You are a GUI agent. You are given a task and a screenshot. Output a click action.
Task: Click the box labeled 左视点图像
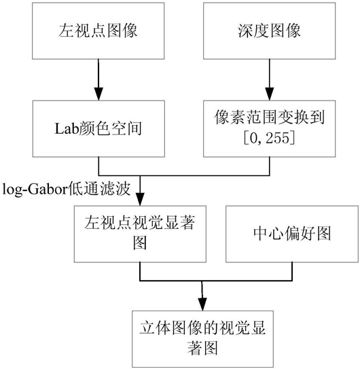[98, 31]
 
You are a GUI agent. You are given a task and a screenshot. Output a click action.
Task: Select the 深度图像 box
[270, 31]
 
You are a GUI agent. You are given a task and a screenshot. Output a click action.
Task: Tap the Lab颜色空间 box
[98, 128]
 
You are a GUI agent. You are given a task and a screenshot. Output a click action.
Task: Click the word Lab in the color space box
[67, 129]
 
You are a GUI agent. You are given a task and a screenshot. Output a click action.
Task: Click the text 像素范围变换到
[270, 118]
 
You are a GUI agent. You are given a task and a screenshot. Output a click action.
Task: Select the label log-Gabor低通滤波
[67, 189]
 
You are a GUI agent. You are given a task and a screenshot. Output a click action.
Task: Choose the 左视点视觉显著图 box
[140, 234]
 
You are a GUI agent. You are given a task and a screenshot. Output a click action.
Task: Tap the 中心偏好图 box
[292, 234]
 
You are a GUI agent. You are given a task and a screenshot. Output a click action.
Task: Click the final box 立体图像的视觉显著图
[202, 339]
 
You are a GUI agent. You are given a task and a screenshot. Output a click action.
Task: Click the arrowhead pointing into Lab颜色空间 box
[98, 94]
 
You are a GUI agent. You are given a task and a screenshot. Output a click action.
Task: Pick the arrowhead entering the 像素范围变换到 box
[270, 94]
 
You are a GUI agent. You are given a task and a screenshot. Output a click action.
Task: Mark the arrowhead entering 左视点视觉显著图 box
[140, 199]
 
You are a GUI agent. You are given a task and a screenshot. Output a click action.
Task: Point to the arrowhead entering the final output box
[202, 304]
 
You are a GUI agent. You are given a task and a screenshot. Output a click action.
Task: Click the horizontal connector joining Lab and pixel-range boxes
[184, 175]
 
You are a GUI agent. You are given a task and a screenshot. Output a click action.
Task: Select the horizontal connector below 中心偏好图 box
[216, 281]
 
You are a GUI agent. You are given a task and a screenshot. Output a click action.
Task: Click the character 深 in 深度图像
[245, 31]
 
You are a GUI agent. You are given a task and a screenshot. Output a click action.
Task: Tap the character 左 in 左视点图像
[66, 31]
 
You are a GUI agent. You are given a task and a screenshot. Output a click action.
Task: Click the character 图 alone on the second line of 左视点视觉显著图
[140, 243]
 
